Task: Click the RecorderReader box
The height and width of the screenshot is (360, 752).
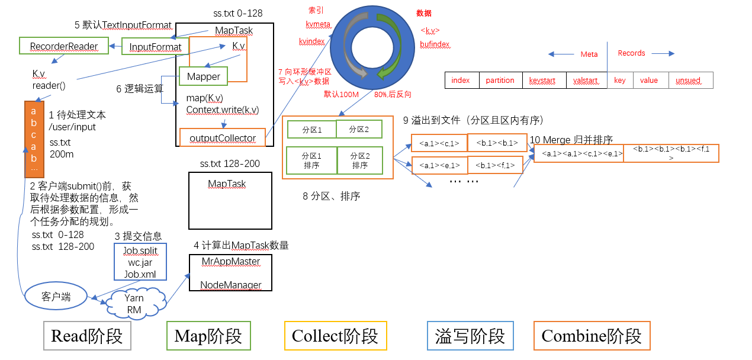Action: pyautogui.click(x=64, y=46)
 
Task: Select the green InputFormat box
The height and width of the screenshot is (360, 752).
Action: pyautogui.click(x=155, y=47)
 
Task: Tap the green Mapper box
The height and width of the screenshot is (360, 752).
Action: pyautogui.click(x=203, y=76)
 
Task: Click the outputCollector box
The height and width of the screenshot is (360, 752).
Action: pyautogui.click(x=223, y=138)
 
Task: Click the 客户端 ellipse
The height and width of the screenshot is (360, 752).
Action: pyautogui.click(x=56, y=297)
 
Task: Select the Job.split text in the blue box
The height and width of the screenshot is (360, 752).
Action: pyautogui.click(x=140, y=250)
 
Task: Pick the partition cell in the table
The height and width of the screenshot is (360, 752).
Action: pyautogui.click(x=500, y=81)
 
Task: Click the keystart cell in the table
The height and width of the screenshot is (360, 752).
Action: pyautogui.click(x=543, y=81)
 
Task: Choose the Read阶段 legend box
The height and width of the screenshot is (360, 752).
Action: pyautogui.click(x=87, y=336)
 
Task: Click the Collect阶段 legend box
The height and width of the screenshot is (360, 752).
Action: pyautogui.click(x=335, y=336)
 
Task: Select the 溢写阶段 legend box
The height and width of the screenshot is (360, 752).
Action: pyautogui.click(x=470, y=336)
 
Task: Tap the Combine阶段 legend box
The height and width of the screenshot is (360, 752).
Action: pyautogui.click(x=592, y=336)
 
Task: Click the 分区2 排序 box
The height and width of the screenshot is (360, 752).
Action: pyautogui.click(x=360, y=161)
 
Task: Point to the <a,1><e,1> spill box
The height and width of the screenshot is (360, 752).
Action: pyautogui.click(x=439, y=165)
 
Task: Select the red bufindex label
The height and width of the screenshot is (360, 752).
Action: pyautogui.click(x=435, y=44)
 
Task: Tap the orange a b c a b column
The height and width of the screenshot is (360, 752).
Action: pyautogui.click(x=34, y=139)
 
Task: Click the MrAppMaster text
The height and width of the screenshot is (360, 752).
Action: pyautogui.click(x=230, y=262)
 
